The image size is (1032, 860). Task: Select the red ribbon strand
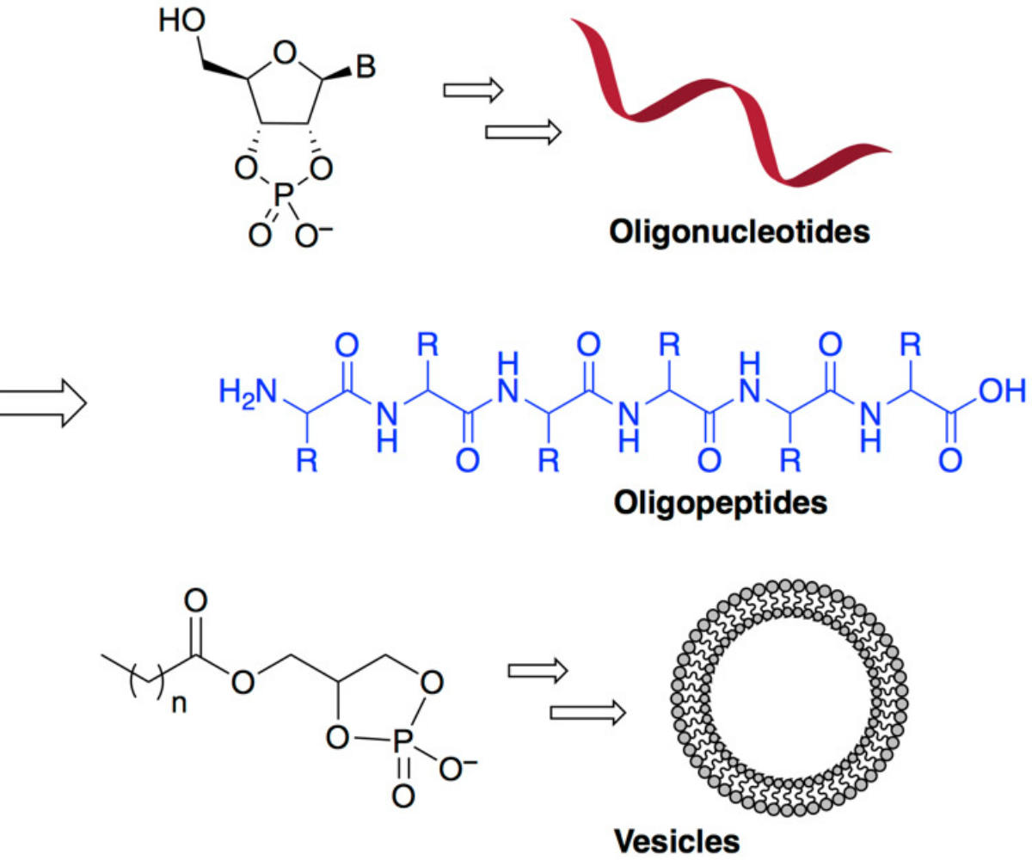pyautogui.click(x=731, y=103)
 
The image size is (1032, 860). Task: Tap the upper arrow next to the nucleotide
pyautogui.click(x=472, y=92)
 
